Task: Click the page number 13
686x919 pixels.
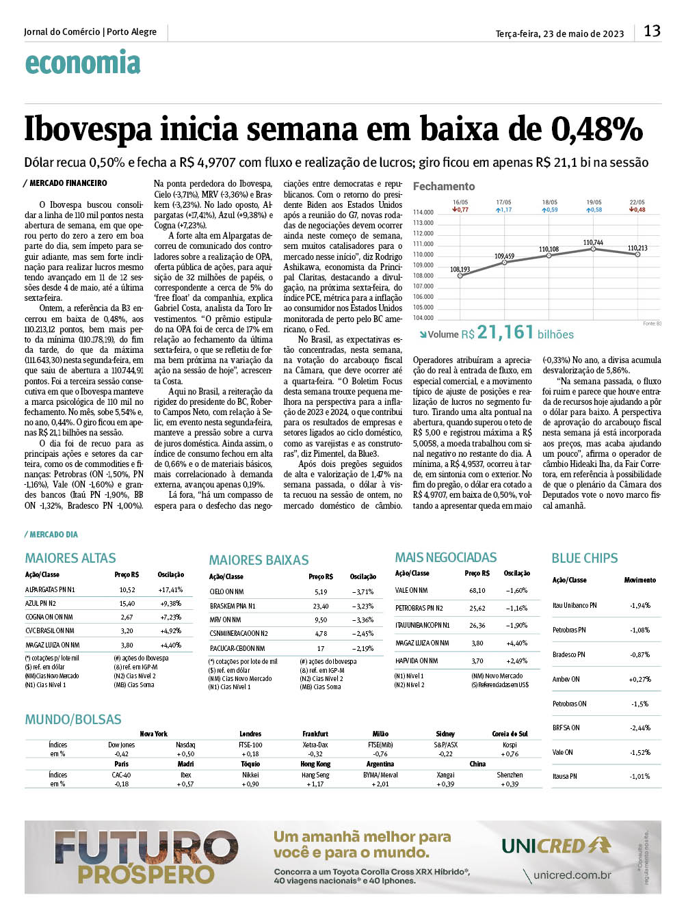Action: pyautogui.click(x=652, y=31)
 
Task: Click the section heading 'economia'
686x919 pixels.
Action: pyautogui.click(x=83, y=63)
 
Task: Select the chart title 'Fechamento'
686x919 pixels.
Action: pyautogui.click(x=443, y=186)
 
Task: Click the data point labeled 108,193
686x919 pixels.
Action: pyautogui.click(x=460, y=277)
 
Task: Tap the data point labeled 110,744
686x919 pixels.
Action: pyautogui.click(x=593, y=250)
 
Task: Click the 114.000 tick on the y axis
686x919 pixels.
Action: pyautogui.click(x=423, y=213)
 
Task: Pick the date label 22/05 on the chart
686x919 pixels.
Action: pyautogui.click(x=637, y=202)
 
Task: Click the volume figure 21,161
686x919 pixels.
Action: pyautogui.click(x=505, y=333)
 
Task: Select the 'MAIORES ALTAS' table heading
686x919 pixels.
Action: pyautogui.click(x=70, y=558)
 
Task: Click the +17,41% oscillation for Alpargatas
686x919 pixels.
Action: pyautogui.click(x=170, y=589)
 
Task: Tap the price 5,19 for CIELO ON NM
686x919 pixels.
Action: pyautogui.click(x=321, y=592)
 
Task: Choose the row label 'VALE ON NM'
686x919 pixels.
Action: pyautogui.click(x=412, y=590)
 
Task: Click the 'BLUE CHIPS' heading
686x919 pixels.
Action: pyautogui.click(x=584, y=558)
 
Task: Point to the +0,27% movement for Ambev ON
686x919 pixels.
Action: pyautogui.click(x=639, y=679)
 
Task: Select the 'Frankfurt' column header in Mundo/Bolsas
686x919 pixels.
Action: pyautogui.click(x=315, y=734)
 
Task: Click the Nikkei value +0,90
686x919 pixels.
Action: pyautogui.click(x=250, y=784)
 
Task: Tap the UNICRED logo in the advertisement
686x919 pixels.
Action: pyautogui.click(x=556, y=846)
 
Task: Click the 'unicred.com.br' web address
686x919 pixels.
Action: pyautogui.click(x=572, y=875)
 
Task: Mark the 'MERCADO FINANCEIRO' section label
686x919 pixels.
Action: pyautogui.click(x=68, y=183)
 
